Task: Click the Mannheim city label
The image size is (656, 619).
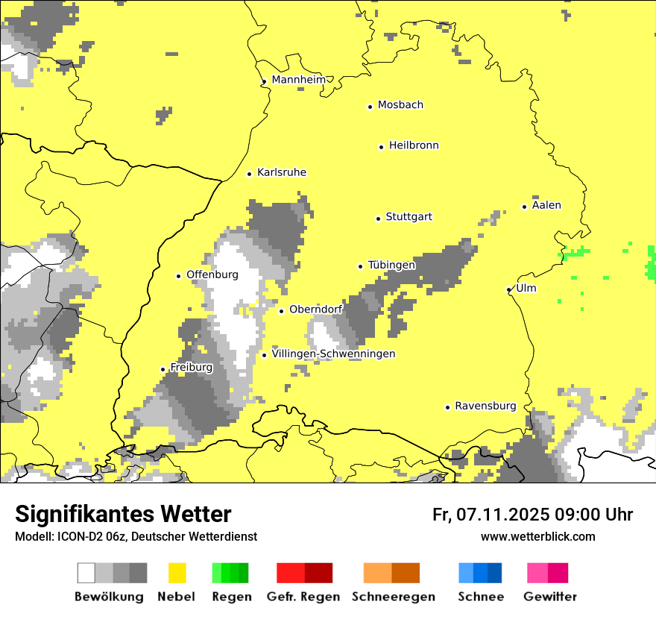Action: (299, 80)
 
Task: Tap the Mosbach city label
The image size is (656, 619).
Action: (400, 105)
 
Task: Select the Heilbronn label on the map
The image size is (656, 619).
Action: (414, 145)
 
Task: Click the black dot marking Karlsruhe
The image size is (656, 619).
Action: (250, 174)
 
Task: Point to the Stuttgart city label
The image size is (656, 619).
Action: (409, 217)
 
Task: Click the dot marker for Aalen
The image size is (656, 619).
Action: (525, 207)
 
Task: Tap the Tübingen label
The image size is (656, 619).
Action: (391, 265)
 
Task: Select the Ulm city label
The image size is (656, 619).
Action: (526, 288)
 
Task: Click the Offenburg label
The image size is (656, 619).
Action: (212, 274)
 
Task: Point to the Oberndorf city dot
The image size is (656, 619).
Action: (281, 311)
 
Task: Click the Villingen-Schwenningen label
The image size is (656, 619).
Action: (333, 354)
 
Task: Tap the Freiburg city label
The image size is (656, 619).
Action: (192, 367)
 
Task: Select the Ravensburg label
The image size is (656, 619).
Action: (485, 406)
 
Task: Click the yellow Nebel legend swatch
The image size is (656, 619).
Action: (177, 573)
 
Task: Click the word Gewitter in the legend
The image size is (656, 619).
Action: (550, 597)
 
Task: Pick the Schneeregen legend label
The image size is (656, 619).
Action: (394, 597)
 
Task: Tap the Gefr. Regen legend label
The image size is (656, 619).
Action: (303, 597)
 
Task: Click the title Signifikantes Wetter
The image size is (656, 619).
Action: (123, 514)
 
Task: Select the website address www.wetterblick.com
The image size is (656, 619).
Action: (537, 536)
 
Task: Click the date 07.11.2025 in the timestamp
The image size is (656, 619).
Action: (503, 515)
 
